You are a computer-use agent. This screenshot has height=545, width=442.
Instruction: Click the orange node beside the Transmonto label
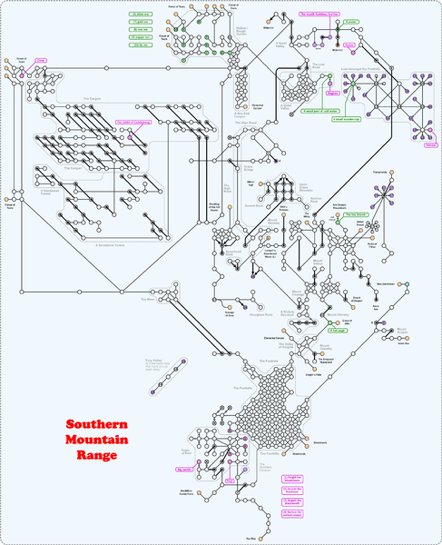point(395,173)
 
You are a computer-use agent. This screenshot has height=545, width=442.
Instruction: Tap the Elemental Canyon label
point(275,338)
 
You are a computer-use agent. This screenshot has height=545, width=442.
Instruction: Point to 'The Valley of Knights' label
point(284,347)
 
